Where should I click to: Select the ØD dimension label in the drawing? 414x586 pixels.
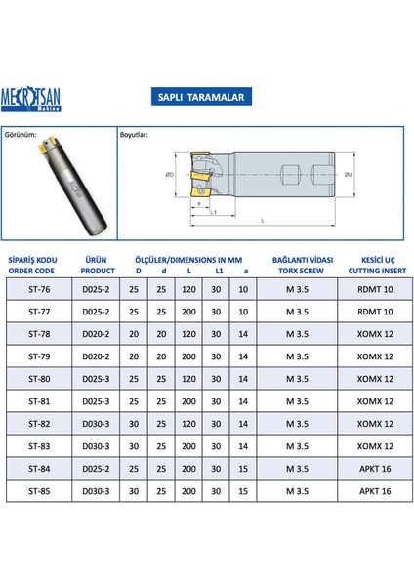171,174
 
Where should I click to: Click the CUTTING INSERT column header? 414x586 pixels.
372,270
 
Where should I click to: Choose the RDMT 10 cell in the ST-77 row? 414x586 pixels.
372,313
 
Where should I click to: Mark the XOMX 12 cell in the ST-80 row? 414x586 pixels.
372,379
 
